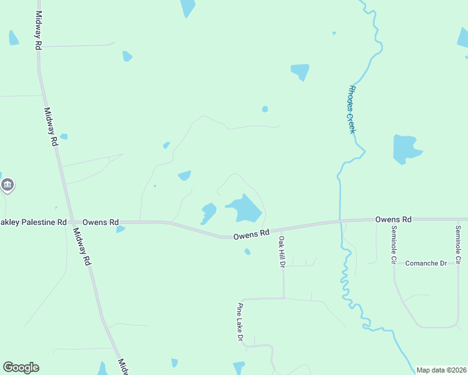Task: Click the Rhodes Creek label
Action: [x=350, y=109]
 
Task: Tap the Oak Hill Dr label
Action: [x=282, y=252]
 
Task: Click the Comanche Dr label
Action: [x=425, y=263]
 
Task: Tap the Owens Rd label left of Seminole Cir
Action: [x=393, y=219]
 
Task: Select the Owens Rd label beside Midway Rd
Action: [x=101, y=222]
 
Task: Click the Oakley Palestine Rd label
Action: [x=33, y=222]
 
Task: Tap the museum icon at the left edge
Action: [x=8, y=185]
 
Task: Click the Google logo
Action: [x=21, y=367]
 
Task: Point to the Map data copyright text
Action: [x=441, y=370]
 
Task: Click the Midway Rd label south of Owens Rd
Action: [x=82, y=247]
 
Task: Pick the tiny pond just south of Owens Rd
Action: [x=248, y=252]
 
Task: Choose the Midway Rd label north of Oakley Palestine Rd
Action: [x=51, y=127]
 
